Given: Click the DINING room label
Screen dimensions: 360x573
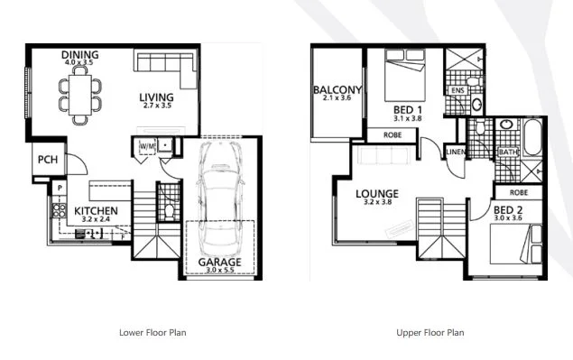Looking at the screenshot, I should [79, 55].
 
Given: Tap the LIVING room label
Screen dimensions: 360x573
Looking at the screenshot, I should [156, 97].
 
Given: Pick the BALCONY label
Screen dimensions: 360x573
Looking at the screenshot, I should [337, 90].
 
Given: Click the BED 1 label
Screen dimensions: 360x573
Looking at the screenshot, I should [408, 108].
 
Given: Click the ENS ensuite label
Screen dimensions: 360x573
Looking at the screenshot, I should [457, 90].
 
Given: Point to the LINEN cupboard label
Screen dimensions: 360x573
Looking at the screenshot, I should [456, 152].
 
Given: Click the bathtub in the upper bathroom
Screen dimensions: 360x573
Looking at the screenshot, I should [531, 144].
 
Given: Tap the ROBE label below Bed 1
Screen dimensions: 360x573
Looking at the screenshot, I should [393, 135].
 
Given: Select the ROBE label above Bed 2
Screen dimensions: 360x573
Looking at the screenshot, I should [519, 191].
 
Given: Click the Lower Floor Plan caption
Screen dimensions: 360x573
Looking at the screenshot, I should [152, 332].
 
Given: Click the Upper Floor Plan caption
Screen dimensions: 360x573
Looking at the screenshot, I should [430, 332].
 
